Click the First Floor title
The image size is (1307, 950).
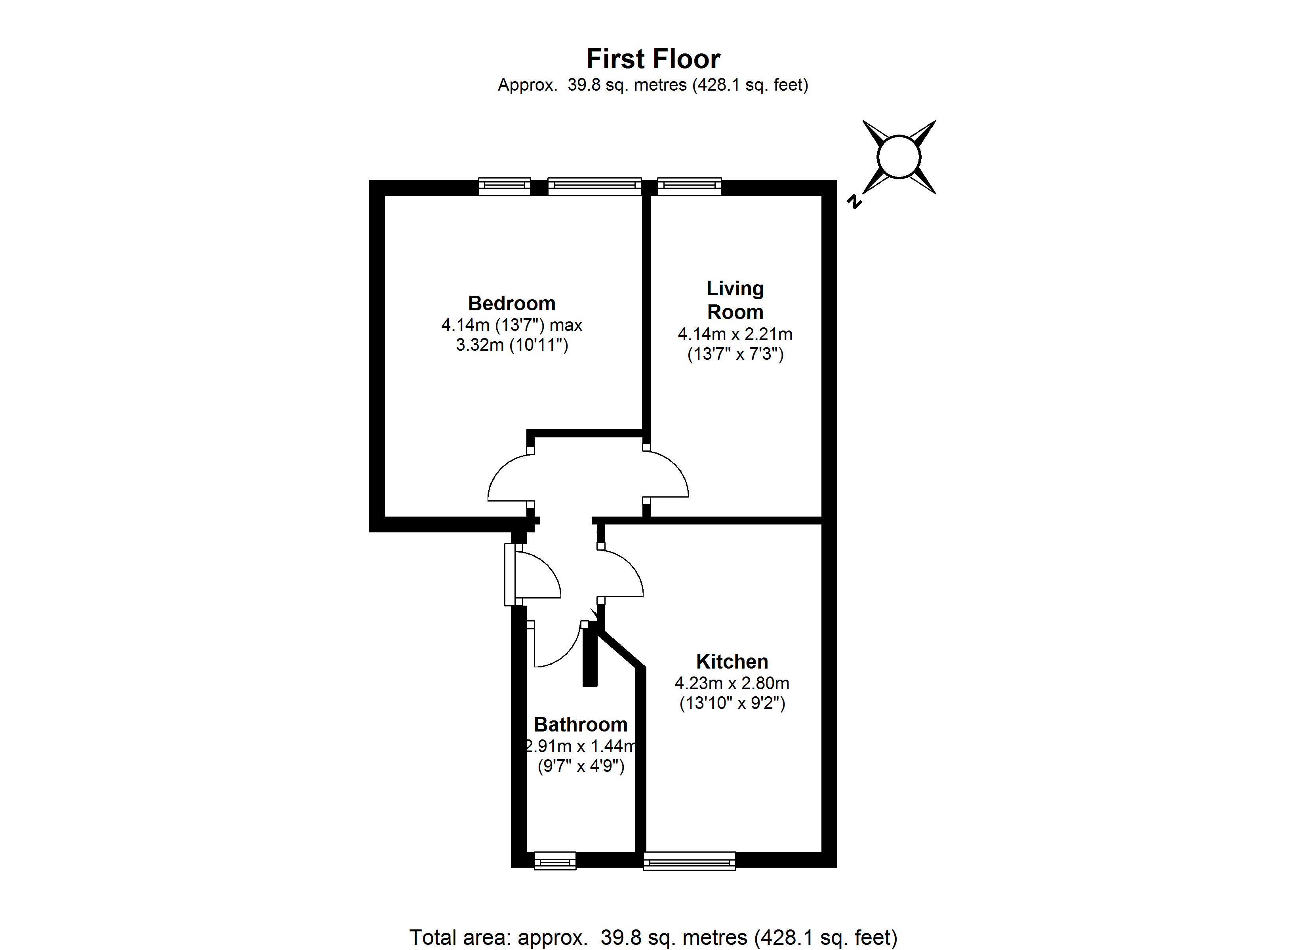coord(653,59)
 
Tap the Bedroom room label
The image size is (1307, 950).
coord(512,303)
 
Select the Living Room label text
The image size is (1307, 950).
coord(735,300)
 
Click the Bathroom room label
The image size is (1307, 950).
coord(580,724)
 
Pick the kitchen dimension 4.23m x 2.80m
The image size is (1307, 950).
coord(732,683)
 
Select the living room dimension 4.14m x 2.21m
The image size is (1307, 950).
coord(735,334)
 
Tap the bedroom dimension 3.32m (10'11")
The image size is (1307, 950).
coord(512,345)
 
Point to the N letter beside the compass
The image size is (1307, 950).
coord(854,201)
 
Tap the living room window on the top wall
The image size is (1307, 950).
coord(689,186)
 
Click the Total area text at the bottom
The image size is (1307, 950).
coord(653,938)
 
